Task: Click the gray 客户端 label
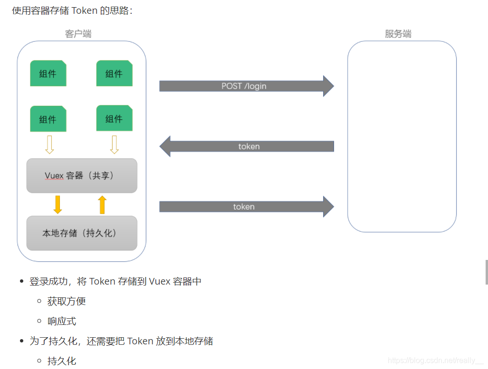(x=78, y=34)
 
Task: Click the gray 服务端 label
(x=398, y=34)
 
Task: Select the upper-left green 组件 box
(x=48, y=74)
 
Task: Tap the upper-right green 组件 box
(x=114, y=74)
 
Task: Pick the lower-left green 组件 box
(x=48, y=119)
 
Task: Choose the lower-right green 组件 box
(x=114, y=119)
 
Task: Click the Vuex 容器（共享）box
(x=82, y=175)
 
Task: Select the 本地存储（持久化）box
(x=82, y=233)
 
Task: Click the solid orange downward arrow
(x=58, y=204)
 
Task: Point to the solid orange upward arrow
(x=102, y=204)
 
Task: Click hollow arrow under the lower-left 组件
(x=49, y=145)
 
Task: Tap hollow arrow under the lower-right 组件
(x=114, y=145)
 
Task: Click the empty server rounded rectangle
(x=402, y=137)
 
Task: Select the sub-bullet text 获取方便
(x=67, y=301)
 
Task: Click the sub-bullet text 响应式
(x=62, y=321)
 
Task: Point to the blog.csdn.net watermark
(x=435, y=360)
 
